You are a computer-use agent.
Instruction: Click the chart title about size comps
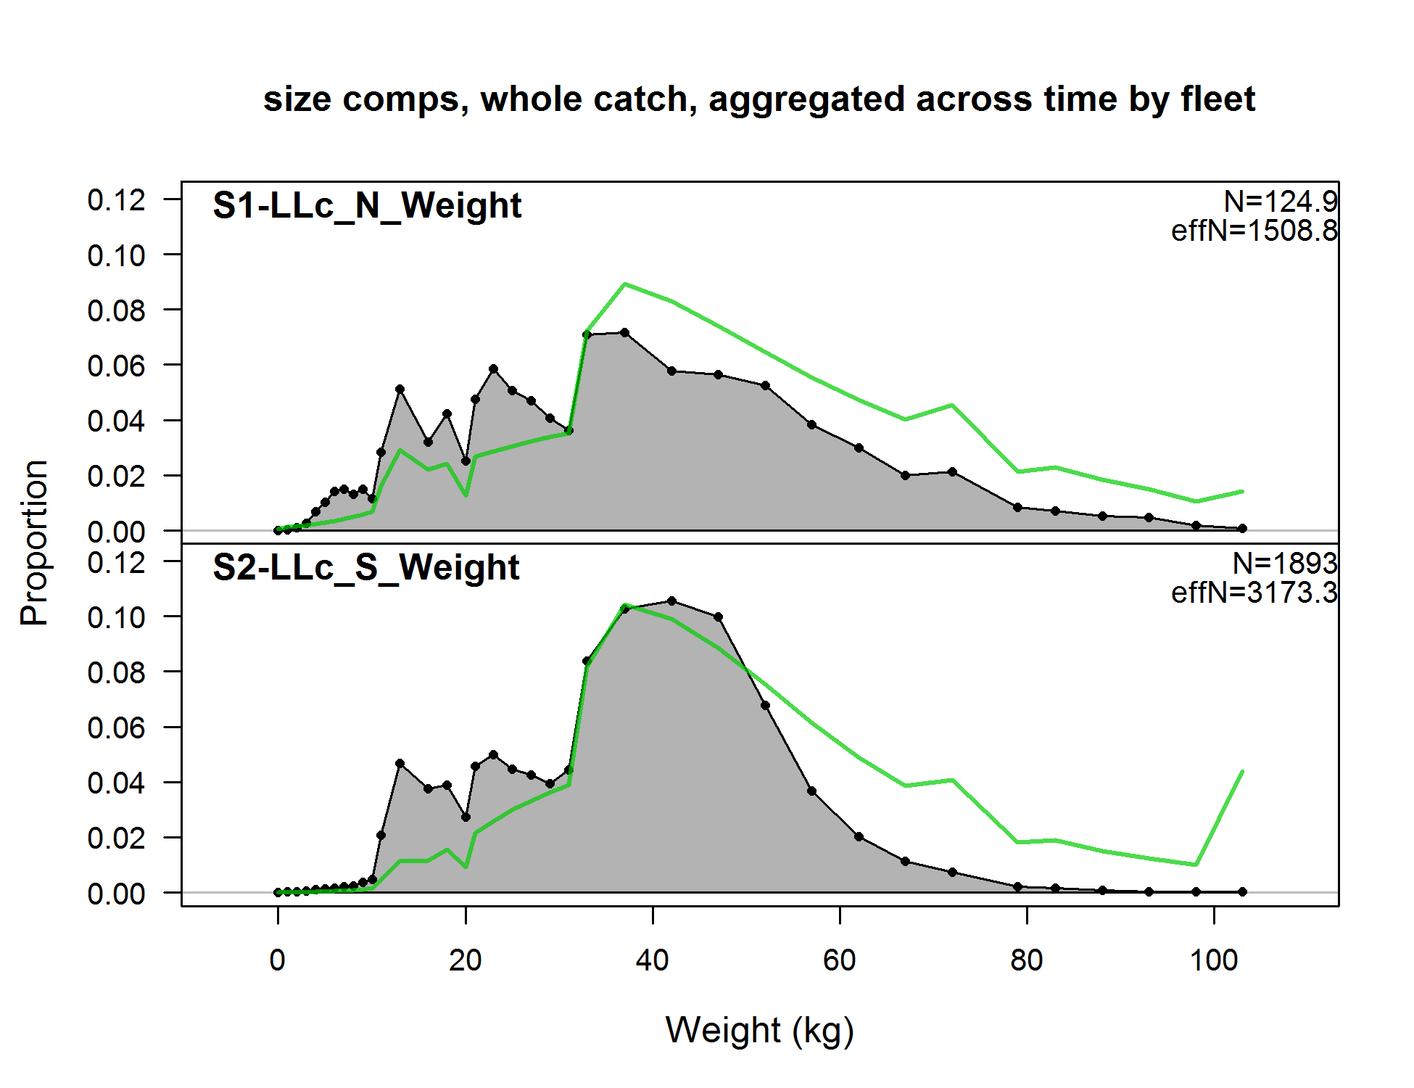(758, 99)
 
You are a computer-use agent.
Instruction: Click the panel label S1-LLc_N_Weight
(367, 205)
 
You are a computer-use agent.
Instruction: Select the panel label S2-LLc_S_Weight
(365, 567)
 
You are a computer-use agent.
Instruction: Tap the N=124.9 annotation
(1281, 202)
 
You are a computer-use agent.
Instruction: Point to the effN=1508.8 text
(1254, 231)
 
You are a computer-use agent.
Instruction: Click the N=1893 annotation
(1284, 564)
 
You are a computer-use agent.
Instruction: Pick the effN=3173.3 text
(1254, 593)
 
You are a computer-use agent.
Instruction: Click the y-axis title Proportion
(34, 543)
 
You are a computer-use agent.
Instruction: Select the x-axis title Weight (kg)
(759, 1030)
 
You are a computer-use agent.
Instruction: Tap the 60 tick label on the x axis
(839, 960)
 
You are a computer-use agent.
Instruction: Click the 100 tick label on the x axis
(1213, 960)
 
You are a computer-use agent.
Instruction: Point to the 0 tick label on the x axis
(277, 960)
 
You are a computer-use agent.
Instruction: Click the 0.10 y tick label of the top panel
(116, 255)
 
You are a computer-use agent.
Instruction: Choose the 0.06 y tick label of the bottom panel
(116, 728)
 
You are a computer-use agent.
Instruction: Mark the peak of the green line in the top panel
(625, 284)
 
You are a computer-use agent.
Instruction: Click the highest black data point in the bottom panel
(671, 601)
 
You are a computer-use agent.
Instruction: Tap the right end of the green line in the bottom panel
(1242, 772)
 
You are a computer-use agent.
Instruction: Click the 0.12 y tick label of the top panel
(116, 200)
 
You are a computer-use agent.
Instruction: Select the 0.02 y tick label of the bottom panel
(116, 838)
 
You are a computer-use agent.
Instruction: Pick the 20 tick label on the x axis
(465, 960)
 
